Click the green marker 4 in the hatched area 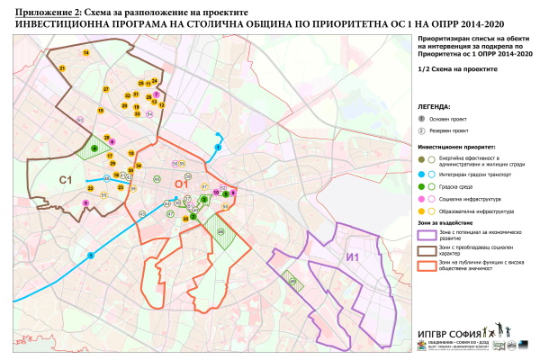point(94,148)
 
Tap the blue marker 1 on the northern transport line point(216,147)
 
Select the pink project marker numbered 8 point(86,203)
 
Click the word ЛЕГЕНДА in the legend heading point(435,106)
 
